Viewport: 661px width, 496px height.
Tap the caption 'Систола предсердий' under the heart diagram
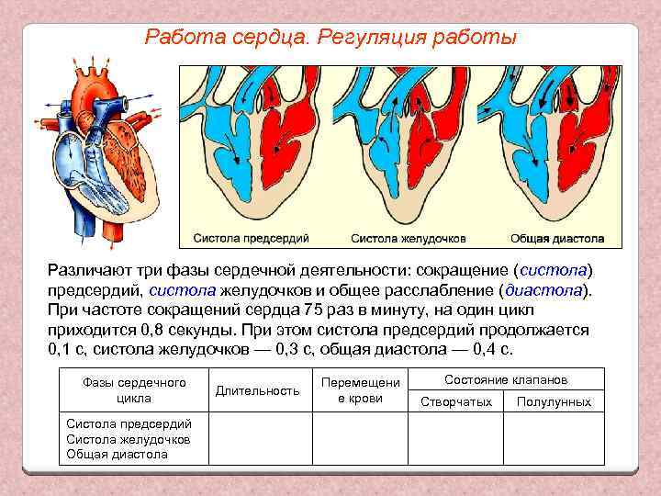coord(251,238)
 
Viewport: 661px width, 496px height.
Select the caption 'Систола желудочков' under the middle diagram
coord(409,238)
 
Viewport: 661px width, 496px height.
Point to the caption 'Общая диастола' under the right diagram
coord(557,238)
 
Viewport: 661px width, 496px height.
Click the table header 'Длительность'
coord(257,390)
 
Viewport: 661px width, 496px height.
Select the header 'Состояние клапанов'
coord(506,379)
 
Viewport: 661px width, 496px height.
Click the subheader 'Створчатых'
coord(456,401)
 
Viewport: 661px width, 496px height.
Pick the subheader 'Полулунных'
coord(554,401)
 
